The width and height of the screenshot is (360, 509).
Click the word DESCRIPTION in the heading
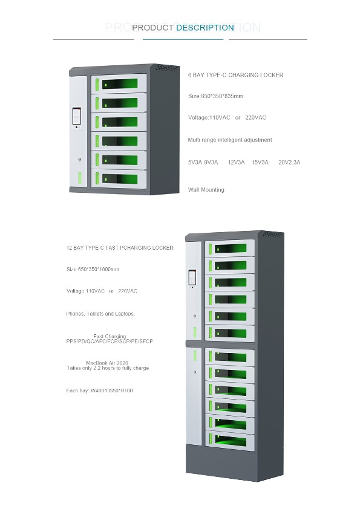205,28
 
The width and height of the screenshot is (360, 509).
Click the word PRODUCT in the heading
152,28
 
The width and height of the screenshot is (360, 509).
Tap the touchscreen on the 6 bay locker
77,116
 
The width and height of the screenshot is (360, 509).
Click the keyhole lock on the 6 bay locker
80,160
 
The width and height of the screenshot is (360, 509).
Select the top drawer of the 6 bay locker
119,84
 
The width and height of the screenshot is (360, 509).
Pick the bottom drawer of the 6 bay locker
119,178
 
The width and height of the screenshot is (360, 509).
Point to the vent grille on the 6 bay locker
168,68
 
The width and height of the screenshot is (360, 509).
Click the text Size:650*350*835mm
215,96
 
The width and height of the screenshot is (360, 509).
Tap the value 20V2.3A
289,162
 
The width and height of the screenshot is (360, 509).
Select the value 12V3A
236,162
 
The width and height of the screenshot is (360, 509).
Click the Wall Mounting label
206,190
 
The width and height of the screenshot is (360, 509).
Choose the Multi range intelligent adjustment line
230,140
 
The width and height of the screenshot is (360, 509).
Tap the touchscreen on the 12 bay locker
192,278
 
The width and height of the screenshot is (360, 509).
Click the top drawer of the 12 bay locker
230,248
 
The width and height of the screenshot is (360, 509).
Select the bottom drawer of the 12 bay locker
230,441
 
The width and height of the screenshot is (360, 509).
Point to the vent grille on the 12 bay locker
273,234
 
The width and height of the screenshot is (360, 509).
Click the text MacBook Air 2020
107,363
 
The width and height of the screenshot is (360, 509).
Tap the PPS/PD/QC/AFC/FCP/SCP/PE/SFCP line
110,341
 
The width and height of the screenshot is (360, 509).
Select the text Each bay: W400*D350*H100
99,391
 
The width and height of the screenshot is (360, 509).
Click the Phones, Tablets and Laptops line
100,314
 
